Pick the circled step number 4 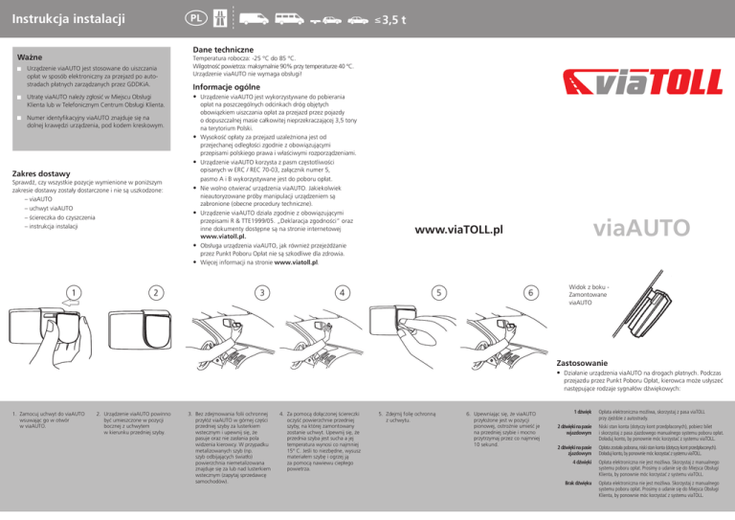341,292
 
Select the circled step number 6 529,292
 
